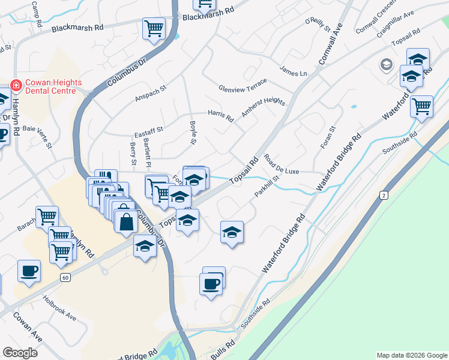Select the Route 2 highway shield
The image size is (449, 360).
point(384,196)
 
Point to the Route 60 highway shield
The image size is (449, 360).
point(65,277)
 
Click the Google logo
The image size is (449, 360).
point(20,352)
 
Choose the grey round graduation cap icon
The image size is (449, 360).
point(385,64)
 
